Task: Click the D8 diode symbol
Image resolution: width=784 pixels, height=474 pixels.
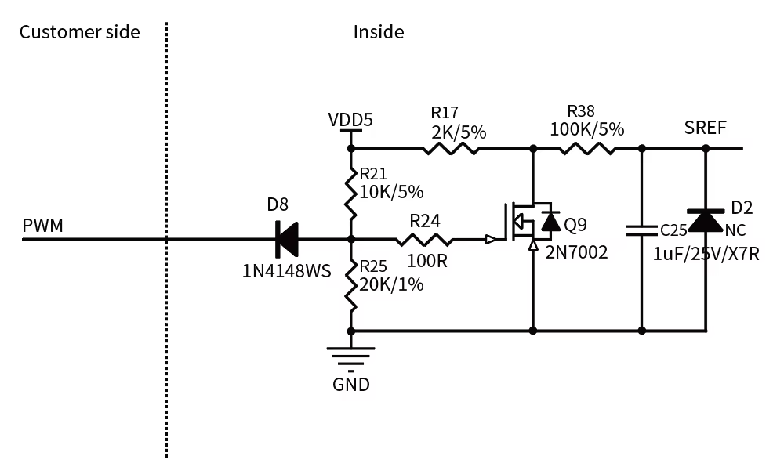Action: (287, 239)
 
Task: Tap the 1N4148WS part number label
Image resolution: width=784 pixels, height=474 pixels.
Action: (286, 271)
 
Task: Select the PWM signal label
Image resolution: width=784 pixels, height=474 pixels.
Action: (42, 226)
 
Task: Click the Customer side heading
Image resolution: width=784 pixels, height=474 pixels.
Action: (79, 32)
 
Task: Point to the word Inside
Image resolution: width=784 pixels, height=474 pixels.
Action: (379, 32)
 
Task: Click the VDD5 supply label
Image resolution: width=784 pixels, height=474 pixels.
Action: (350, 120)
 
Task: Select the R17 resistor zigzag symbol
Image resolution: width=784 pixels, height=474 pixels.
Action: (451, 148)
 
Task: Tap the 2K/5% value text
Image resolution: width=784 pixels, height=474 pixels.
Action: (459, 132)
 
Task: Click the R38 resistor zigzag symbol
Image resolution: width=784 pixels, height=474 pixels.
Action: (587, 148)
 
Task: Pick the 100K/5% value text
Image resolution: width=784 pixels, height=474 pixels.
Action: (587, 129)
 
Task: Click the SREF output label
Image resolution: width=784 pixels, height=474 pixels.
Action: (705, 128)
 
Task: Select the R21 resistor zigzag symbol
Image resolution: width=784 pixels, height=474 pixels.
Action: (351, 193)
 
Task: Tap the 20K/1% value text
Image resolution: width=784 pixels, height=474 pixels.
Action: (391, 284)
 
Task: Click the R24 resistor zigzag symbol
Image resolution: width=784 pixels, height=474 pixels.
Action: (424, 240)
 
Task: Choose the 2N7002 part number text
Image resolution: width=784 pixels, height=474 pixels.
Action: (576, 252)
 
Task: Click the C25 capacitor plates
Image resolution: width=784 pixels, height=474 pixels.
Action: (642, 230)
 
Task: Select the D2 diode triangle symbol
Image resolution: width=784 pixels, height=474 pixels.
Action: (706, 220)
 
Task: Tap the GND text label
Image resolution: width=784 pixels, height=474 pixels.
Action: (351, 385)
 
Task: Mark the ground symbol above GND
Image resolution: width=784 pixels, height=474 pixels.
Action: (351, 360)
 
